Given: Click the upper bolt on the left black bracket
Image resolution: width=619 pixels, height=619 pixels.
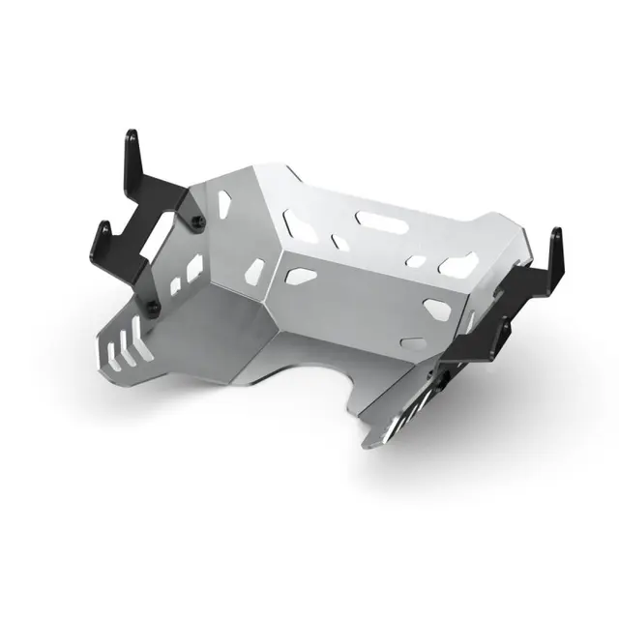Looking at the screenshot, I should pyautogui.click(x=198, y=223).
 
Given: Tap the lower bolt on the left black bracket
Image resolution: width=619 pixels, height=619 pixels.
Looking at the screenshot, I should pyautogui.click(x=152, y=308).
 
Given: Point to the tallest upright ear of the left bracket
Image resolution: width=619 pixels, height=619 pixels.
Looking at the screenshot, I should pyautogui.click(x=132, y=155).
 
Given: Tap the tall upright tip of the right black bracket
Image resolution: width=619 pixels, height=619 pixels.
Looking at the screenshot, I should pyautogui.click(x=555, y=250).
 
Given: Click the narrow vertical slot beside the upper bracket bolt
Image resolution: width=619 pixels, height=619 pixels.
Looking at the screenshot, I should pyautogui.click(x=224, y=203).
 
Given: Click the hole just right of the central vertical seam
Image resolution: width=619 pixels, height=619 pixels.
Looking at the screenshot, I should pyautogui.click(x=301, y=277).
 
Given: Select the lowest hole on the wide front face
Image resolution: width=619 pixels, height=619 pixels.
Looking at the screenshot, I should pyautogui.click(x=411, y=342).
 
